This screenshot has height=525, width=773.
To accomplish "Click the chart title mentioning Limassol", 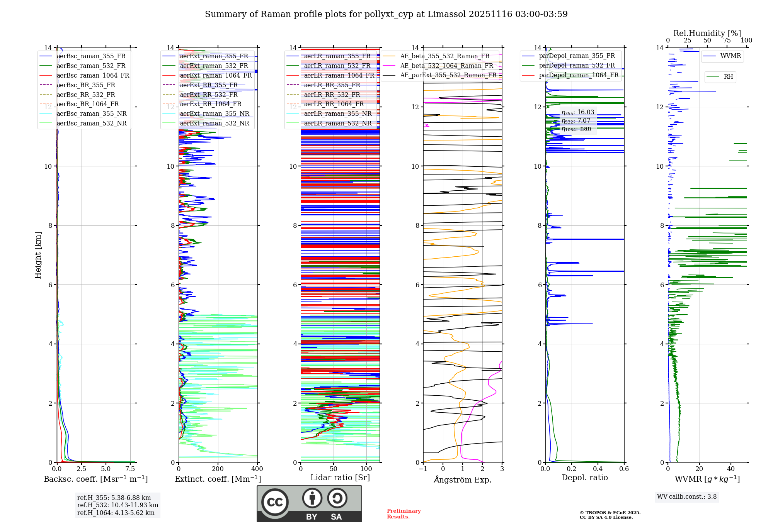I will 386,14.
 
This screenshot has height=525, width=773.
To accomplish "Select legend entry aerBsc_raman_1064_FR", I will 93,75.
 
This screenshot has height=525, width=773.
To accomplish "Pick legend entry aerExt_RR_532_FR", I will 209,95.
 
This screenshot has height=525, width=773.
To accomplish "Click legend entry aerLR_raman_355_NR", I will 337,113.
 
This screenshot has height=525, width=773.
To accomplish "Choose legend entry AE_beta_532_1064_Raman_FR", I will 446,66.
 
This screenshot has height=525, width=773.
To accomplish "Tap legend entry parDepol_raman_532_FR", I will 577,66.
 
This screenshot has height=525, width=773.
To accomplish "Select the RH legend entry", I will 728,77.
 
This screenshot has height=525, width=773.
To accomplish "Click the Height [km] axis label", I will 38,255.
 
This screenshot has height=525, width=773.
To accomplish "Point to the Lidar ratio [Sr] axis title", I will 340,478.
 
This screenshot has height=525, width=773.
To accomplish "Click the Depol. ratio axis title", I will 584,478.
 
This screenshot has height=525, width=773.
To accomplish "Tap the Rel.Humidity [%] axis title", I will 707,33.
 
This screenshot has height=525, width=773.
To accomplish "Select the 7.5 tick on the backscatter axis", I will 130,469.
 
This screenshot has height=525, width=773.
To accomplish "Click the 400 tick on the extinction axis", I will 257,469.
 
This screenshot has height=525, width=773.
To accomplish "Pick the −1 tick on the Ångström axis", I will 423,469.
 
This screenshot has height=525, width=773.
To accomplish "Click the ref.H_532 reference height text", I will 117,505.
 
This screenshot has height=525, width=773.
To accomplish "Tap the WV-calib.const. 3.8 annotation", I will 686,496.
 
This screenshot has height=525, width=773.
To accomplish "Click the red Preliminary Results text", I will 404,513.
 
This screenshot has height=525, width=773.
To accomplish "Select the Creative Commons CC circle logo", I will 275,502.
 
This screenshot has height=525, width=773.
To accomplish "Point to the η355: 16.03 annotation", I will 578,112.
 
